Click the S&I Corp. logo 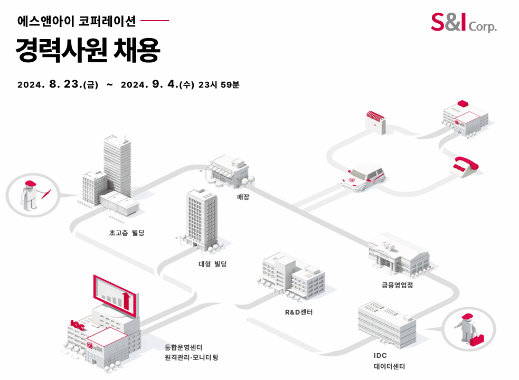pyautogui.click(x=463, y=22)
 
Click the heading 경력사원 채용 pyautogui.click(x=88, y=50)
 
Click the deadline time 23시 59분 pyautogui.click(x=219, y=84)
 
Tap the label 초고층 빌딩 pyautogui.click(x=127, y=232)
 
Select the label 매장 pyautogui.click(x=243, y=197)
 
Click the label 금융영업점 pyautogui.click(x=397, y=286)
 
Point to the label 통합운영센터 pyautogui.click(x=183, y=347)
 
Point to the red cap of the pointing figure pyautogui.click(x=31, y=184)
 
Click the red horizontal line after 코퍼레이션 pyautogui.click(x=155, y=21)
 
